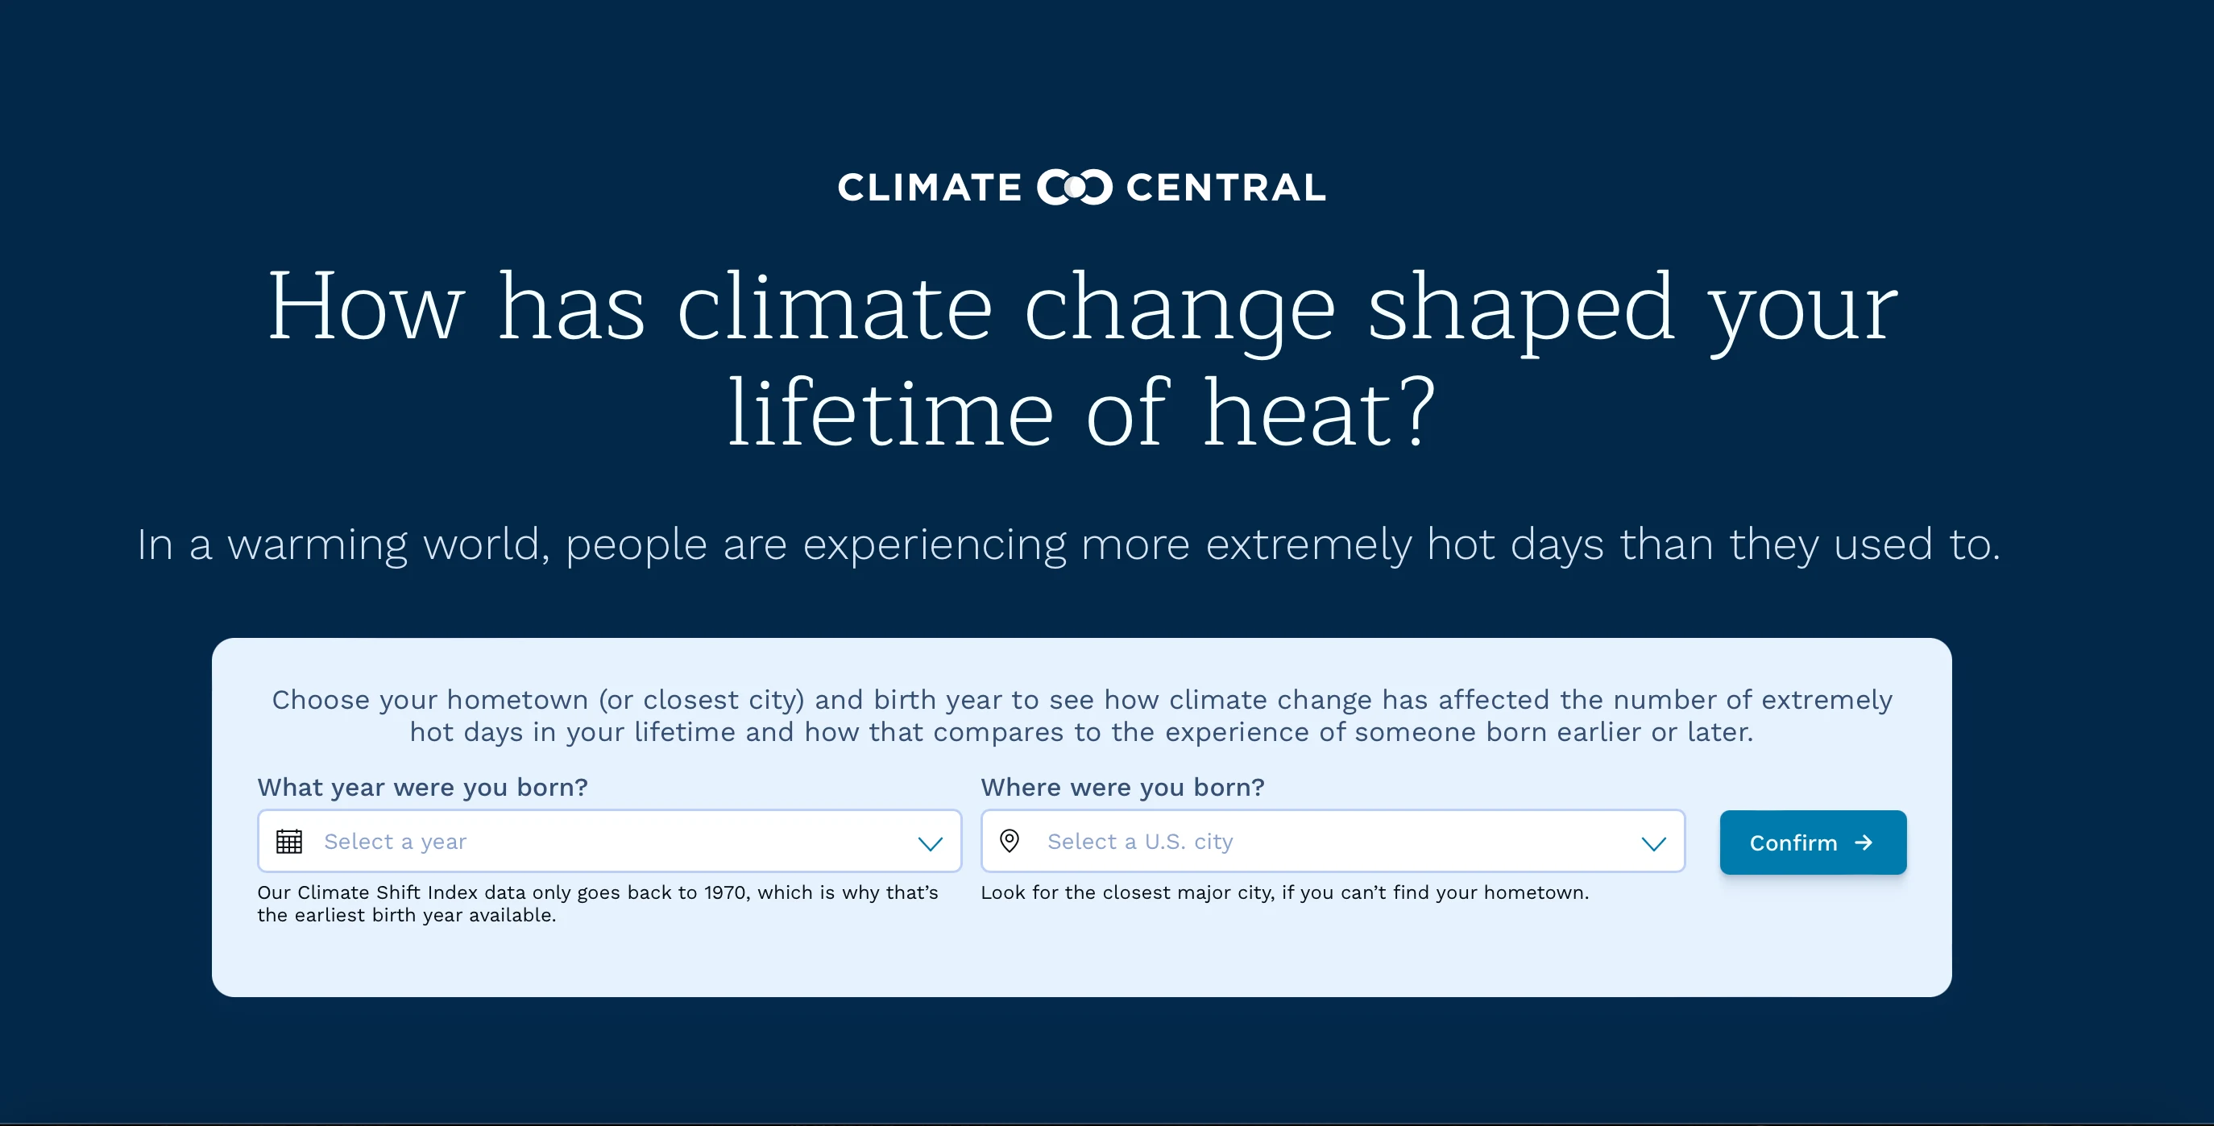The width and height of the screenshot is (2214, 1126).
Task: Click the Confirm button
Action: [1812, 842]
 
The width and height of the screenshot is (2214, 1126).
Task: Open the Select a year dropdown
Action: [608, 842]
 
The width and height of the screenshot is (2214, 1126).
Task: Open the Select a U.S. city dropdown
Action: [1332, 842]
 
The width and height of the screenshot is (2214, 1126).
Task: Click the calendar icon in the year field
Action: [288, 842]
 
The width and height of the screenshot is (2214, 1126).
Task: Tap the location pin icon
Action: [1010, 841]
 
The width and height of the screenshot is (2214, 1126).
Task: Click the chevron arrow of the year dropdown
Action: [930, 843]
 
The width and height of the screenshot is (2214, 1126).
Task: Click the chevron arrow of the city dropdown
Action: [1653, 843]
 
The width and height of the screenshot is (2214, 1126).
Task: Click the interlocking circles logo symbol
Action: [1074, 188]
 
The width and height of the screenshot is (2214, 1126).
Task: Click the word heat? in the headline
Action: [1318, 414]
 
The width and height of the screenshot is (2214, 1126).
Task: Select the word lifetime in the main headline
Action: [890, 414]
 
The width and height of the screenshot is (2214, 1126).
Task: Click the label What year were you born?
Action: [423, 788]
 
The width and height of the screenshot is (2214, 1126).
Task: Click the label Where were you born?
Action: [1122, 788]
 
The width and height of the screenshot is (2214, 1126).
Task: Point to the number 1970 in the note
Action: [725, 892]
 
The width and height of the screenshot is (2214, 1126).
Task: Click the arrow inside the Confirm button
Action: [1864, 842]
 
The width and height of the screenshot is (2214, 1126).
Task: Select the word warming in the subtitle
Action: [317, 545]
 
